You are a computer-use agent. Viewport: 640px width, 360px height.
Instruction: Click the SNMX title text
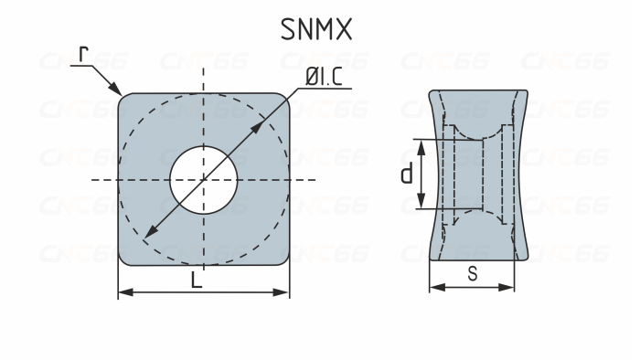[315, 29]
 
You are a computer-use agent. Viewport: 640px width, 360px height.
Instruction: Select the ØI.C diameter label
[324, 79]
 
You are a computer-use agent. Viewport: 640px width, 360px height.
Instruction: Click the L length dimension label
[197, 281]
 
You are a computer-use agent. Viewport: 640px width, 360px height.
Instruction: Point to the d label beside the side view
[407, 174]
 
